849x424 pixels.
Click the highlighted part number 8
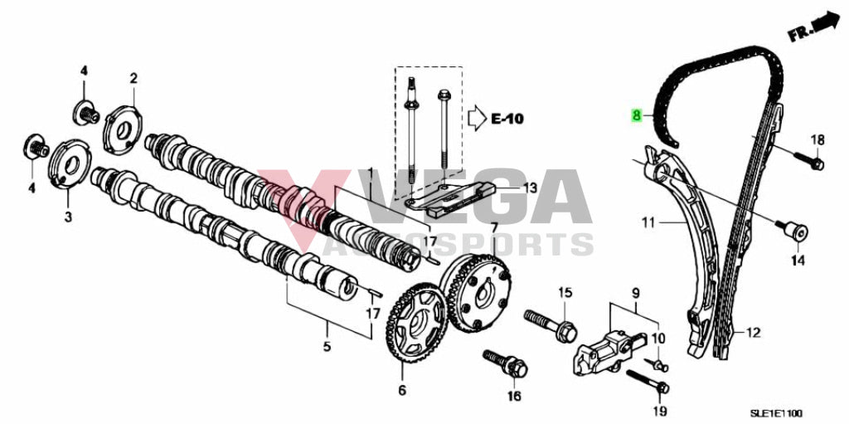pyautogui.click(x=636, y=115)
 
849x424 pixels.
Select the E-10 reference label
pyautogui.click(x=507, y=118)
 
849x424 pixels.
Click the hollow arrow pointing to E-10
pyautogui.click(x=477, y=118)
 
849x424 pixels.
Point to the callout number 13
pyautogui.click(x=530, y=188)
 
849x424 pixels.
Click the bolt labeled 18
pyautogui.click(x=808, y=159)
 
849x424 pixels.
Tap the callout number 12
pyautogui.click(x=753, y=332)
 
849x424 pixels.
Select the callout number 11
pyautogui.click(x=648, y=222)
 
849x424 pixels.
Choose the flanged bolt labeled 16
pyautogui.click(x=507, y=363)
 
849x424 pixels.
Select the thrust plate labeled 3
pyautogui.click(x=70, y=163)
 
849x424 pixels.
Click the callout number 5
pyautogui.click(x=327, y=346)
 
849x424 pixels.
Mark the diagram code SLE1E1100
pyautogui.click(x=798, y=413)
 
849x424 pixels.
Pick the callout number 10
pyautogui.click(x=657, y=339)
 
